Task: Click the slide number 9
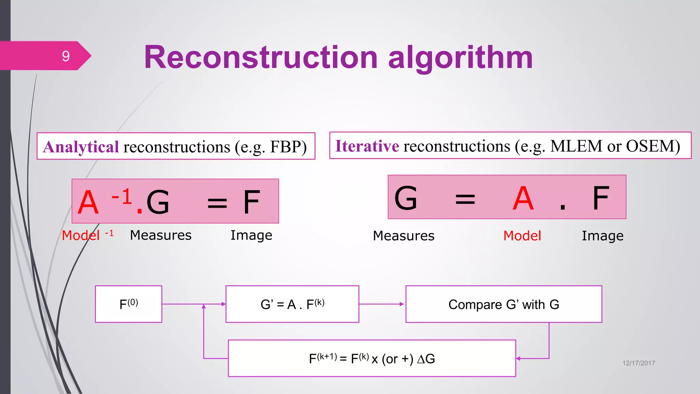click(x=66, y=56)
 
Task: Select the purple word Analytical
click(x=81, y=147)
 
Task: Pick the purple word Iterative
click(x=367, y=146)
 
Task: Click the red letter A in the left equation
click(x=88, y=202)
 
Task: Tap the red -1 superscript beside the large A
click(x=122, y=197)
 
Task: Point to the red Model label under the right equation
click(x=522, y=236)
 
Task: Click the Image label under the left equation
click(x=251, y=235)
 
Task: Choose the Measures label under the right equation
click(x=404, y=236)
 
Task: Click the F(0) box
click(x=129, y=304)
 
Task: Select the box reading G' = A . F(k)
click(x=292, y=304)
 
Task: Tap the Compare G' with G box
click(x=503, y=304)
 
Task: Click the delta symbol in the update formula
click(x=421, y=359)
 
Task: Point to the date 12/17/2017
click(x=638, y=363)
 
